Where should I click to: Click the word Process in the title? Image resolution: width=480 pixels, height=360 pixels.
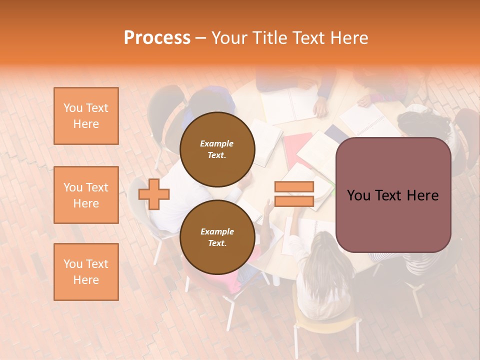click(x=157, y=38)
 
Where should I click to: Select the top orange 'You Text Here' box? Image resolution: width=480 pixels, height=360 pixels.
click(x=86, y=116)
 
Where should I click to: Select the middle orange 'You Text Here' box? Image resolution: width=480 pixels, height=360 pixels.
click(x=86, y=195)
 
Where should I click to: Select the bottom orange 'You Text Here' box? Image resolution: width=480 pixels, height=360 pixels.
click(x=86, y=272)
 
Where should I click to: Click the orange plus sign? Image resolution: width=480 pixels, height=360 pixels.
click(x=154, y=194)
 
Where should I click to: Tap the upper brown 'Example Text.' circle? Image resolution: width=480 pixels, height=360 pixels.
click(x=217, y=149)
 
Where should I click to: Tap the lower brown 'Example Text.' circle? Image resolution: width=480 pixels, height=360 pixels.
click(x=217, y=237)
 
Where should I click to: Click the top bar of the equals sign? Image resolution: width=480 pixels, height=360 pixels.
click(x=294, y=187)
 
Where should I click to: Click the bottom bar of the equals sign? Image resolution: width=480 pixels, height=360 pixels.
click(x=294, y=201)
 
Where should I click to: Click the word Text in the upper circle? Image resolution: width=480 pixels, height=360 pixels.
click(x=216, y=155)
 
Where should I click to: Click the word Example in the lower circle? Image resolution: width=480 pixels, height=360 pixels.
click(x=217, y=231)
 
